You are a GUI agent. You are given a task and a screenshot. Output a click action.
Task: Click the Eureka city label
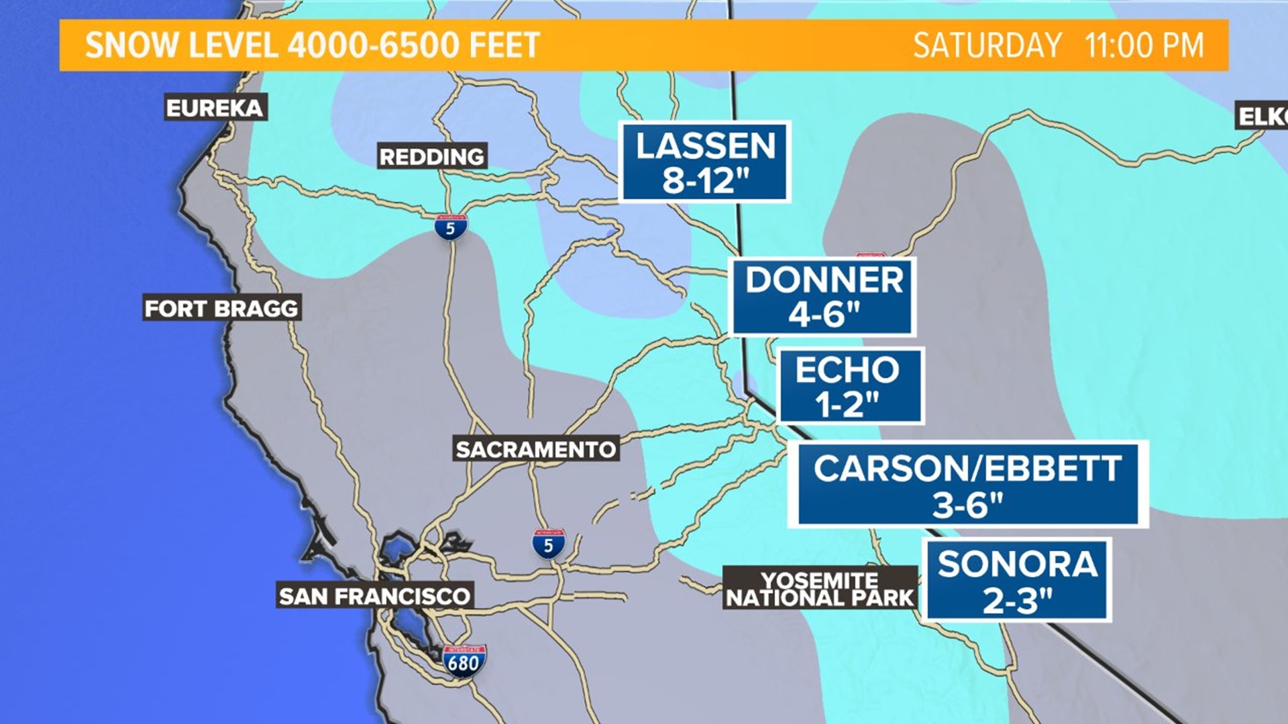[x=215, y=107]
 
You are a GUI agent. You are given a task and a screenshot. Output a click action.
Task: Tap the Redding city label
[x=431, y=156]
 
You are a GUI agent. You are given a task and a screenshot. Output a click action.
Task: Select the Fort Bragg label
[x=221, y=308]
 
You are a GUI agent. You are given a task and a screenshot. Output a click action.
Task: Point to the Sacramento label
[x=535, y=448]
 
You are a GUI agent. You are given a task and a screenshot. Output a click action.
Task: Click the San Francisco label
[x=374, y=595]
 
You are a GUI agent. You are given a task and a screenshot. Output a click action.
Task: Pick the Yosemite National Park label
[x=820, y=589]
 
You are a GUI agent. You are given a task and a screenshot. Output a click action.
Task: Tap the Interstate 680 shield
[x=464, y=661]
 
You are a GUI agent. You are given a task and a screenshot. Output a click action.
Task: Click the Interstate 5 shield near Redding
[x=450, y=228]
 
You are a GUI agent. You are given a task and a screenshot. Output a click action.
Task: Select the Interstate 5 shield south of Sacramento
[x=548, y=544]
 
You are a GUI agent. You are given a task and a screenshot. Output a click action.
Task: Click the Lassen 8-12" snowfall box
[x=705, y=162]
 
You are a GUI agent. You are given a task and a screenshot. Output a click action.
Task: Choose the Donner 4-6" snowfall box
[x=823, y=296]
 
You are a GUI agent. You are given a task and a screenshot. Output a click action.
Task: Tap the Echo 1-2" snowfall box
[x=850, y=386]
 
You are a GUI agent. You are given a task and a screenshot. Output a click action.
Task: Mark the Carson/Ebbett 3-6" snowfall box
[x=967, y=485]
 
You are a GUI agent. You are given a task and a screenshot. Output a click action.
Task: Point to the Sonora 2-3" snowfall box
[x=1017, y=581]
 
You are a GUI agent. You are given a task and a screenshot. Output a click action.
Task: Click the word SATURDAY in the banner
[x=987, y=46]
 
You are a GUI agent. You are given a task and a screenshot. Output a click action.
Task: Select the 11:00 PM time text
[x=1144, y=46]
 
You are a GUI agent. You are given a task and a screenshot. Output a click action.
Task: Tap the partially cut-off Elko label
[x=1262, y=116]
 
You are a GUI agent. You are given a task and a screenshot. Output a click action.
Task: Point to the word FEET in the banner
[x=504, y=46]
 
